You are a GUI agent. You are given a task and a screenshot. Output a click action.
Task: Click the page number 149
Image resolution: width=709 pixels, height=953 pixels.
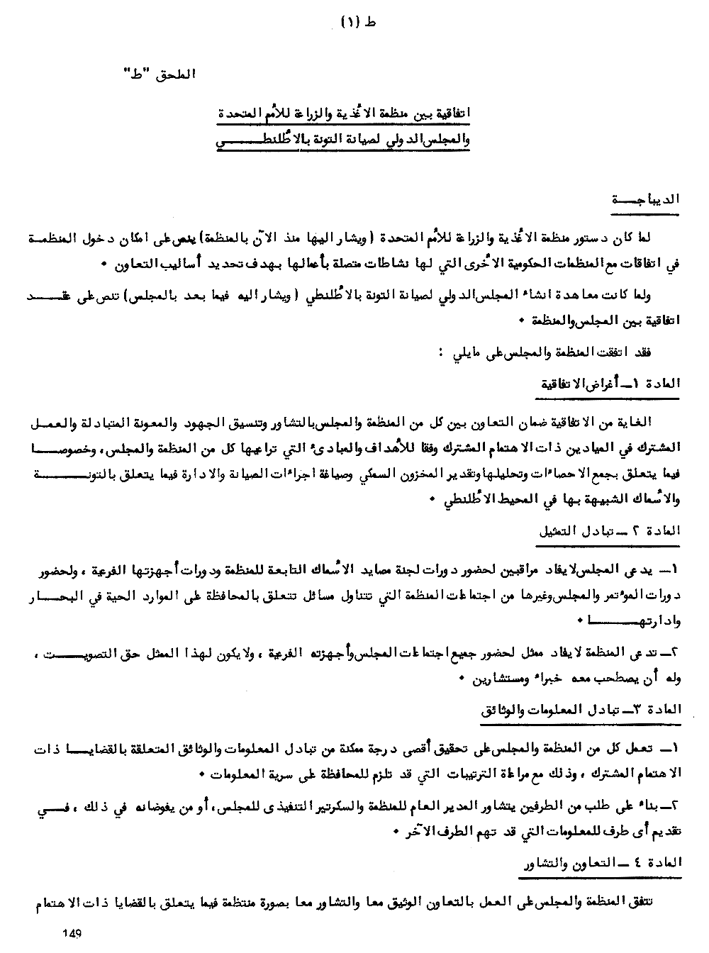pos(73,934)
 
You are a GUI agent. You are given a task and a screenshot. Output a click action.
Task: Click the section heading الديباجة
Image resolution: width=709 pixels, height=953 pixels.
pos(646,200)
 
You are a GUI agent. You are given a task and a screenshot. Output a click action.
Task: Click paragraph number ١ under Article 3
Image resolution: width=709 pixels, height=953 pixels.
pos(675,749)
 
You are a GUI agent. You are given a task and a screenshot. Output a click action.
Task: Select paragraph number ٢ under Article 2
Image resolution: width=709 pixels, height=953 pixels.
pos(675,652)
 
